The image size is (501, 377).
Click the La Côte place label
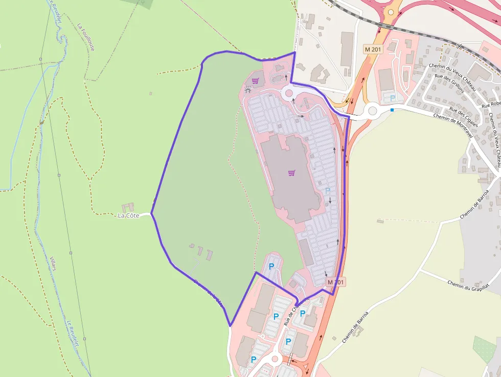coord(128,215)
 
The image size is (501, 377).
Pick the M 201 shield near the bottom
coord(336,282)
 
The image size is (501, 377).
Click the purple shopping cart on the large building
coord(291,173)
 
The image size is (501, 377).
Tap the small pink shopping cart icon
coord(255,80)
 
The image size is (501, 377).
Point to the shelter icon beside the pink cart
coord(248,90)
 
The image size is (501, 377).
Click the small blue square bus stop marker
coord(392,109)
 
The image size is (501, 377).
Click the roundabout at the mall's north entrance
coord(288,93)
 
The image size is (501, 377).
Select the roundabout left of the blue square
coord(372,110)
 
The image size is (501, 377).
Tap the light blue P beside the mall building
coord(328,190)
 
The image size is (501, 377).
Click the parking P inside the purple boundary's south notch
coord(271,266)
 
